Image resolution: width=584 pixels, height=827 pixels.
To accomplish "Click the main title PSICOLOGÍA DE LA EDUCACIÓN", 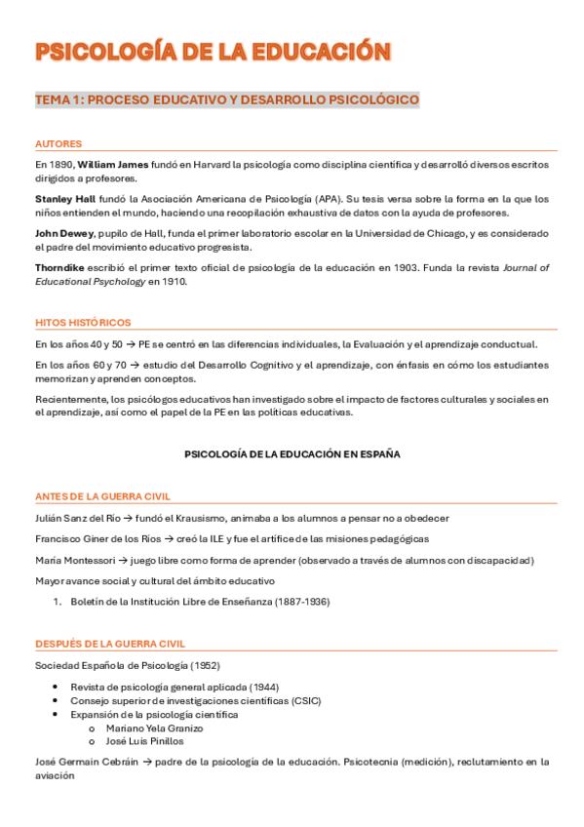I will tap(214, 53).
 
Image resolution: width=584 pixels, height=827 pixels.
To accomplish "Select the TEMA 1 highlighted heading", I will tap(227, 99).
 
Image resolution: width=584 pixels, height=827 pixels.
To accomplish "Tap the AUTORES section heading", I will tap(58, 143).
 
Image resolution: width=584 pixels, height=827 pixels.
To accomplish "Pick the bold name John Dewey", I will tap(64, 233).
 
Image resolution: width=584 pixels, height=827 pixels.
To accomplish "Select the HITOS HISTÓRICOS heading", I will tap(83, 322).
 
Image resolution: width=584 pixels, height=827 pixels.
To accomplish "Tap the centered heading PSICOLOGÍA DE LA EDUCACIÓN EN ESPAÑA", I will tap(292, 454).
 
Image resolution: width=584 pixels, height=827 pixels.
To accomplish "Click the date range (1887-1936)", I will tap(296, 602).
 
